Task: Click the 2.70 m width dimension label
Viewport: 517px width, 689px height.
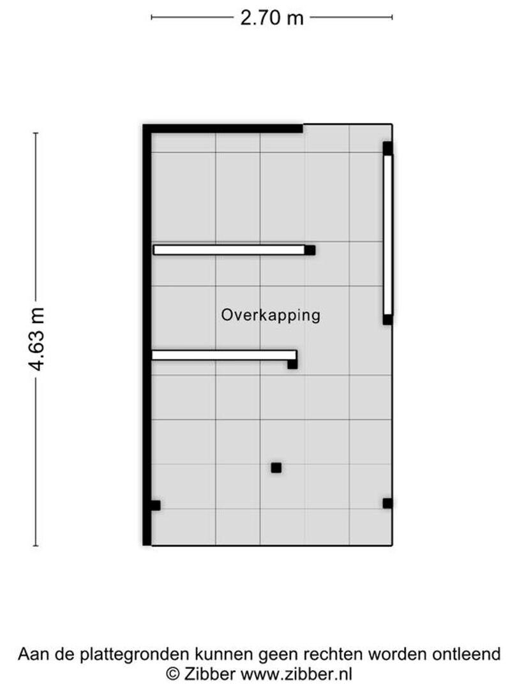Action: click(x=272, y=18)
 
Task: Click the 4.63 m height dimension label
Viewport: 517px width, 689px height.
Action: click(x=36, y=339)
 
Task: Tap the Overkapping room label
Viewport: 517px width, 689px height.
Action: click(x=271, y=316)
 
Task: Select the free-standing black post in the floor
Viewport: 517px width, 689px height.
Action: click(x=276, y=468)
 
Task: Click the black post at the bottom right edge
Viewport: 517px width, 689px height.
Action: click(x=387, y=503)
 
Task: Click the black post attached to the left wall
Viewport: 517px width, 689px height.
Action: click(x=155, y=505)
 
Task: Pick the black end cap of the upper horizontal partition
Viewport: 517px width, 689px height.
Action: click(x=310, y=250)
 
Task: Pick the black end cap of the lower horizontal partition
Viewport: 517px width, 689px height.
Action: click(x=292, y=364)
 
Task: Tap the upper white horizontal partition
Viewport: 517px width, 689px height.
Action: click(x=229, y=250)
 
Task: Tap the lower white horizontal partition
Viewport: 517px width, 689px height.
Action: click(x=224, y=355)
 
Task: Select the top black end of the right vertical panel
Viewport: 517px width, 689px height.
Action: click(x=388, y=149)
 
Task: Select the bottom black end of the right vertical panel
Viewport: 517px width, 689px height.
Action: click(x=388, y=320)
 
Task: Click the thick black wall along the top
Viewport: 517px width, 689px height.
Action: click(x=223, y=129)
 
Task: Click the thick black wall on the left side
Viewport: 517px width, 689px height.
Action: click(x=147, y=335)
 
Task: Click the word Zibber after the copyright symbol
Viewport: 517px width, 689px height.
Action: click(x=210, y=674)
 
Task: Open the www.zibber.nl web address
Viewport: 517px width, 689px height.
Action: click(x=297, y=674)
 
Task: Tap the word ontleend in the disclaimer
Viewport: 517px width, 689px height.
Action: click(x=467, y=654)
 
